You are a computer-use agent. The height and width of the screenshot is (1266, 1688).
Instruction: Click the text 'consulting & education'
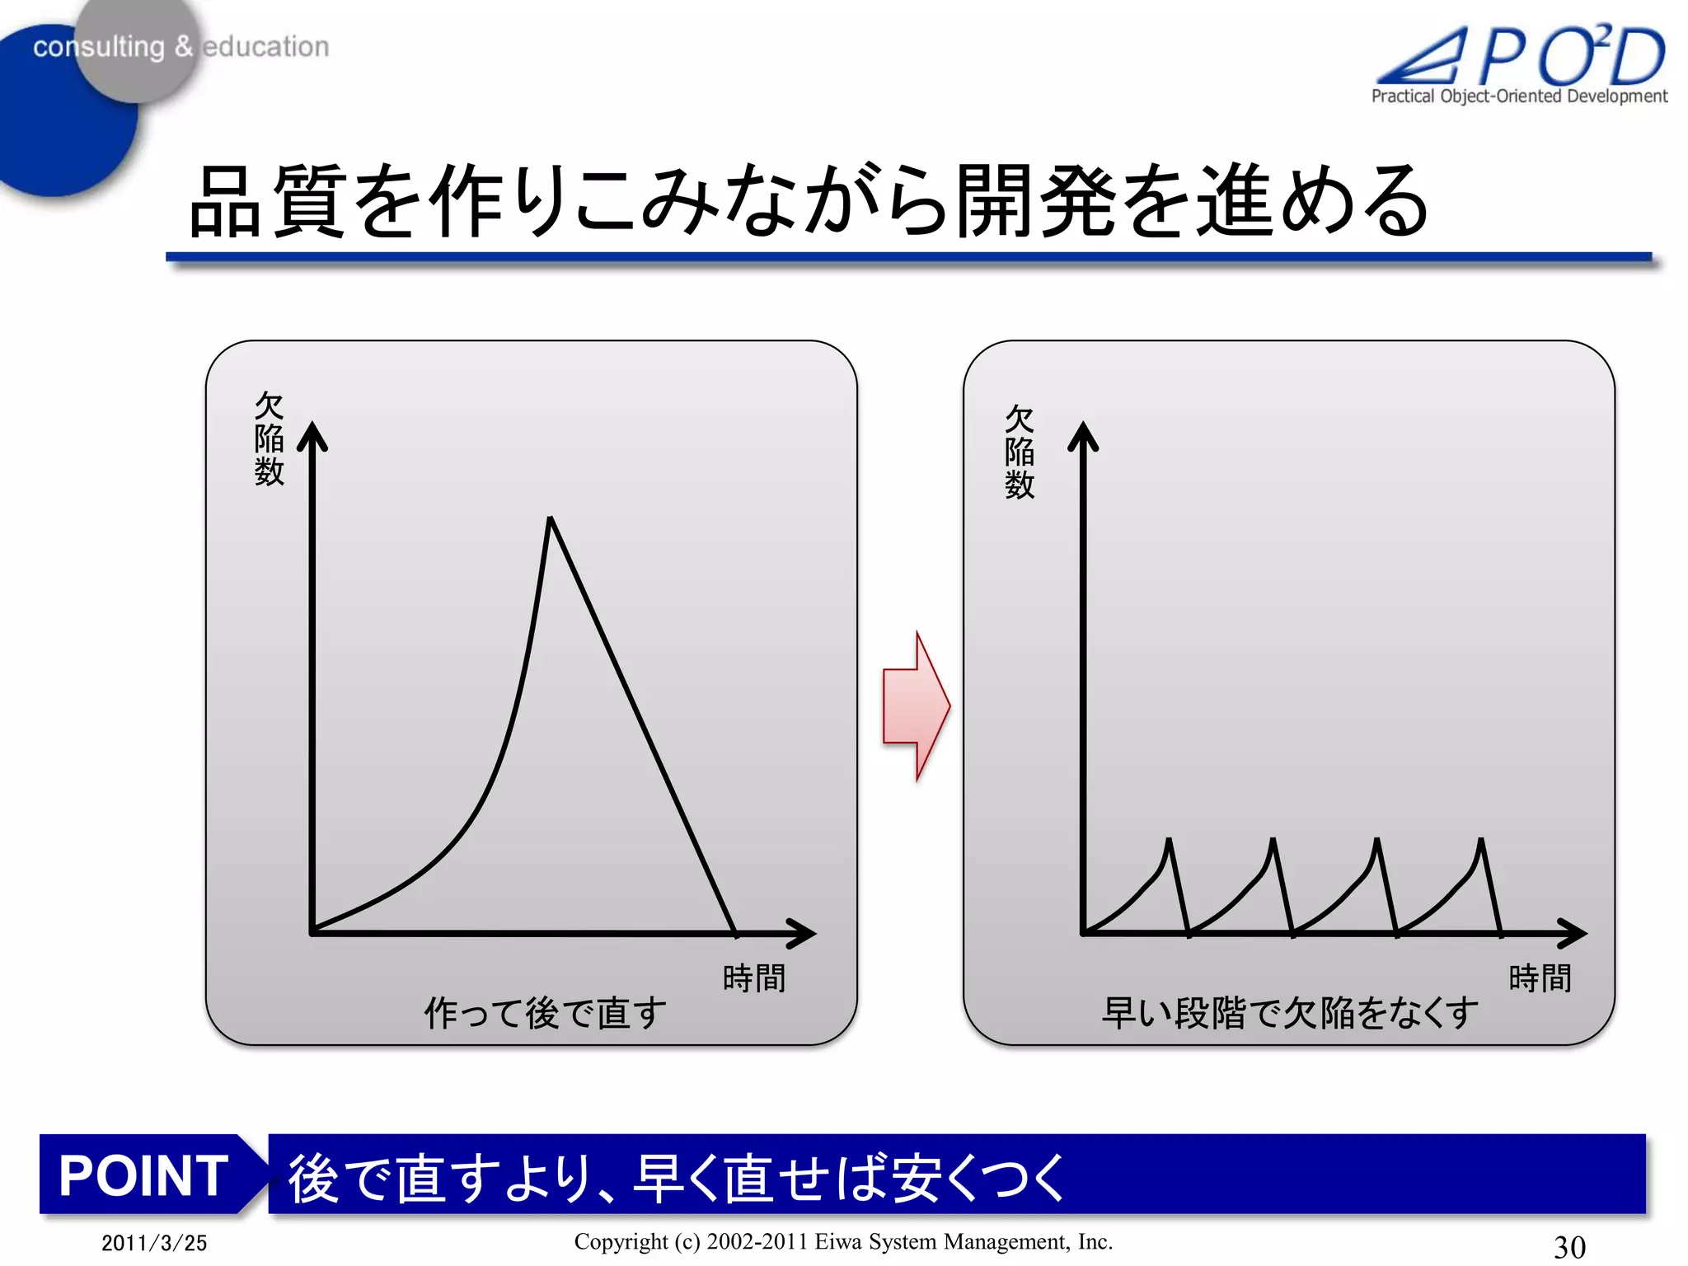181,47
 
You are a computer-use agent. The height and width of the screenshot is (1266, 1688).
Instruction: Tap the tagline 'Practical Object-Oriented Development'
1518,96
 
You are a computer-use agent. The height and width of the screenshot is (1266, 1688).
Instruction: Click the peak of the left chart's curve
550,519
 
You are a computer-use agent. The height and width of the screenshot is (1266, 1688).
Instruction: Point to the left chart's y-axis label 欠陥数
269,438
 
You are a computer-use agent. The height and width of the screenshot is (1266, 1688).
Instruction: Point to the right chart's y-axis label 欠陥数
1019,452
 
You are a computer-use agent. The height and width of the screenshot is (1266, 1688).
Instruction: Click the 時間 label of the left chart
753,978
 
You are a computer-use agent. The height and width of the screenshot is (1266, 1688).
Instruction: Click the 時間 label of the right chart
1540,978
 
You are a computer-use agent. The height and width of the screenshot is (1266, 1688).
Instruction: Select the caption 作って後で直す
545,1013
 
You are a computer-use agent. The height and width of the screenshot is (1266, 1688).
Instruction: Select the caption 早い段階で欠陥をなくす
1290,1013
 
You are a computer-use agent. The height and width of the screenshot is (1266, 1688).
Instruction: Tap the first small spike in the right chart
1169,842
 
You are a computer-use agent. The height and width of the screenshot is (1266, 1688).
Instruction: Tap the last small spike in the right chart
1481,842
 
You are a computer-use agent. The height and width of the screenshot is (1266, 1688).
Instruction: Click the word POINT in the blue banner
143,1175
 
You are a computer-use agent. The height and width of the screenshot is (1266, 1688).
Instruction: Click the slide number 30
1569,1246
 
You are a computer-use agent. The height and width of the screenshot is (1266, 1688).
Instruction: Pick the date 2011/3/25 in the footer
154,1243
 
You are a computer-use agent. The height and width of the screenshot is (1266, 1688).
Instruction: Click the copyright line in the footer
843,1241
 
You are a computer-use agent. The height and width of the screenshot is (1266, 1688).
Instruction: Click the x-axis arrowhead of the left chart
804,933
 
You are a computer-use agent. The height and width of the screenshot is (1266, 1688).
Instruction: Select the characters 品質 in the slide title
266,202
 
